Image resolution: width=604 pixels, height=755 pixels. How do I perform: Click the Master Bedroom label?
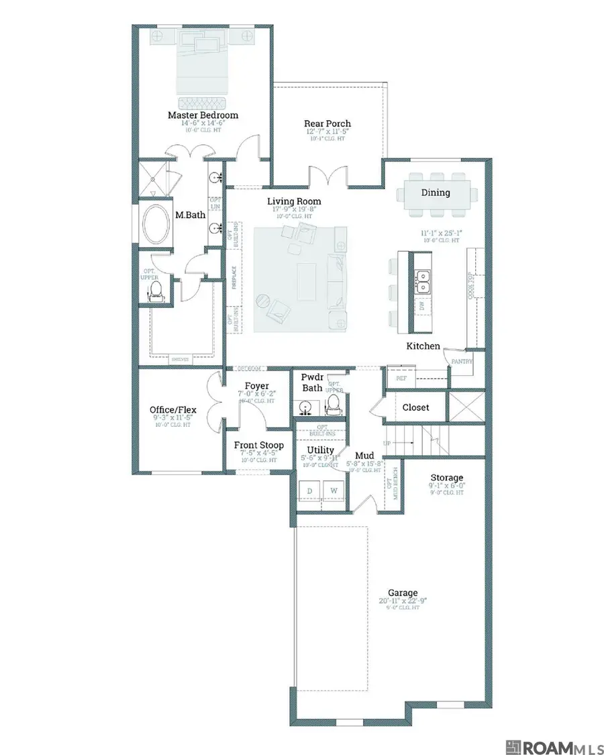point(203,115)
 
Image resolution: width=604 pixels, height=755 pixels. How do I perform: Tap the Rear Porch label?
point(328,123)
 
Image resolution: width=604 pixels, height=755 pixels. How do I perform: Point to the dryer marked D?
point(310,491)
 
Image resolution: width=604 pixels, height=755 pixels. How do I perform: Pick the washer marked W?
point(333,491)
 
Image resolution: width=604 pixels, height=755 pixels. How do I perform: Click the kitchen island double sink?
point(423,281)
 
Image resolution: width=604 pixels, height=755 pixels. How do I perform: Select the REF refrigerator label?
point(401,378)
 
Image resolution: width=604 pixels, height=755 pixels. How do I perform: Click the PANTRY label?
point(463,362)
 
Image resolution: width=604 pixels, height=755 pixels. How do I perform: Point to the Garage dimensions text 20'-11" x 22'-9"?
point(403,601)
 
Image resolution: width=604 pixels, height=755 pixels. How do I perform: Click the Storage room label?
point(447,477)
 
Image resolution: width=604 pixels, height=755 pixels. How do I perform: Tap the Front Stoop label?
point(258,445)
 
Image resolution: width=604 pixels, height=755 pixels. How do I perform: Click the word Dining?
point(436,193)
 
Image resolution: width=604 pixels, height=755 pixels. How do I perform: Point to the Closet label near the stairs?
point(415,407)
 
